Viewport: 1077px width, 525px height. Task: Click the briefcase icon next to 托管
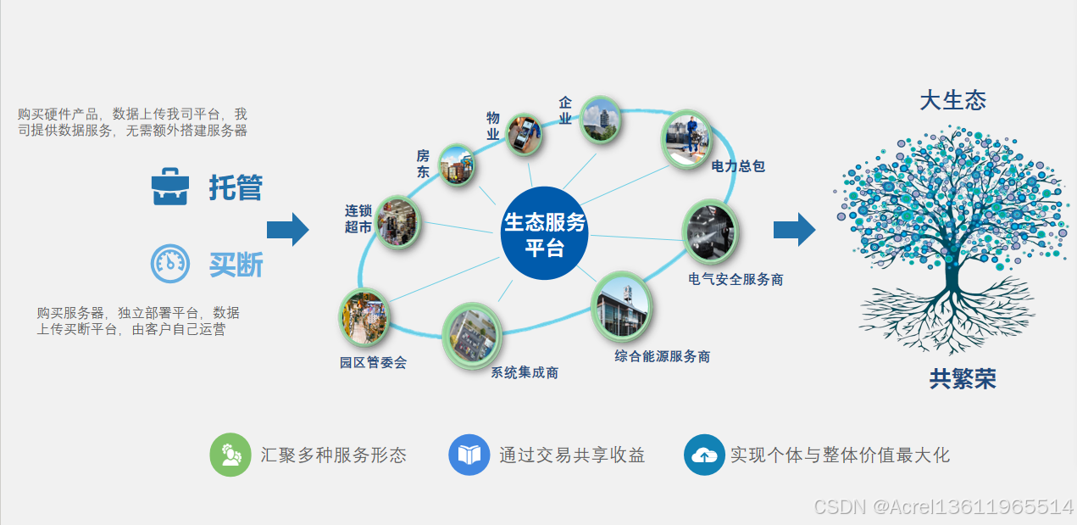tap(169, 187)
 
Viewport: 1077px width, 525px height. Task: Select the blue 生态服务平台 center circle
tap(544, 233)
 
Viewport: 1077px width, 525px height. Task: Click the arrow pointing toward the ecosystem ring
tap(288, 229)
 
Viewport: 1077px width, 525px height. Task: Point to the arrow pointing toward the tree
tap(794, 229)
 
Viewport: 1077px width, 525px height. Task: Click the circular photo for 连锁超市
tap(397, 221)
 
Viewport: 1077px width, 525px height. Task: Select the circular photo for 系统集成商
tap(471, 335)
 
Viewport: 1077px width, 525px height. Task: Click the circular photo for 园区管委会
tap(364, 317)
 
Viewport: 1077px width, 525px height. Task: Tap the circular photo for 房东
tap(457, 165)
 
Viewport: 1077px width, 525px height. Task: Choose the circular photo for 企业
tap(600, 120)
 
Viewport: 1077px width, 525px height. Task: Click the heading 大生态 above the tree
tap(952, 100)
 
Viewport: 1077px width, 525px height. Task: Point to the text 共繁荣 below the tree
tap(962, 378)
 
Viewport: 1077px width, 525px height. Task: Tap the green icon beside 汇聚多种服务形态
tap(230, 455)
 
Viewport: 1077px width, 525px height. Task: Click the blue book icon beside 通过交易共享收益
tap(469, 455)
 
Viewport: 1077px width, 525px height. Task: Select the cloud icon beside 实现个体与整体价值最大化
tap(704, 455)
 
